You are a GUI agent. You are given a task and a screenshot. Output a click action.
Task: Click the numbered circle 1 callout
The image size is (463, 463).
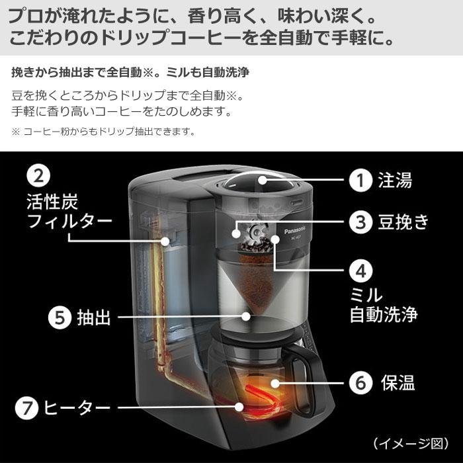tap(359, 180)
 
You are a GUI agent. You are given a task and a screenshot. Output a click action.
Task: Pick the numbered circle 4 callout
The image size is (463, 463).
tap(359, 272)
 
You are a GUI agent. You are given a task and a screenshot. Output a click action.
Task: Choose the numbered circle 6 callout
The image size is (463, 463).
tap(359, 382)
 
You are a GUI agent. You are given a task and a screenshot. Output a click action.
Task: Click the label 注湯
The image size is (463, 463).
tap(396, 180)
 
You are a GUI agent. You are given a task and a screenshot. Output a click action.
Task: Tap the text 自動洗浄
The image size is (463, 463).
tap(384, 314)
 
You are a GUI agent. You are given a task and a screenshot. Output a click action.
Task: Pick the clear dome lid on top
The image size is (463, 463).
tap(255, 182)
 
